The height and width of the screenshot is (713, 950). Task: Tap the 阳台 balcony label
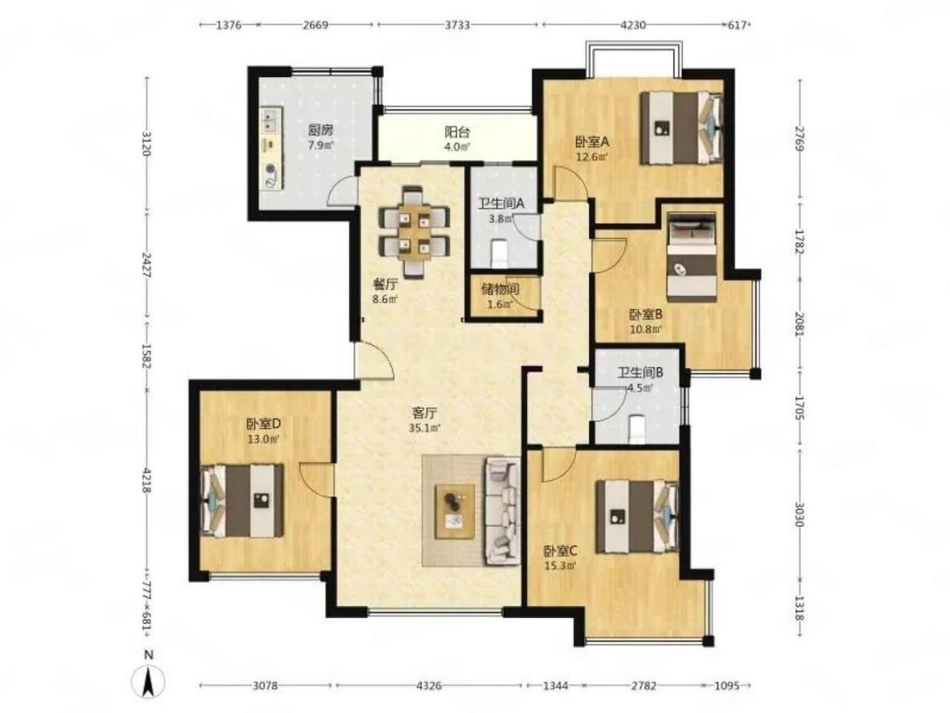pyautogui.click(x=457, y=131)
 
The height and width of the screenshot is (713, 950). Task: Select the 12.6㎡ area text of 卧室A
pyautogui.click(x=592, y=157)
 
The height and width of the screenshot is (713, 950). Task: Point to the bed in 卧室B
pyautogui.click(x=691, y=257)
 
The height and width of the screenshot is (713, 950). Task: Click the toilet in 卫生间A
pyautogui.click(x=499, y=253)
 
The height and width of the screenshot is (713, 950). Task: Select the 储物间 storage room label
pyautogui.click(x=500, y=289)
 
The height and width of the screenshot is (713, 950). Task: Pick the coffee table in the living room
pyautogui.click(x=454, y=511)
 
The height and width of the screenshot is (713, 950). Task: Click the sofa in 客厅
pyautogui.click(x=503, y=511)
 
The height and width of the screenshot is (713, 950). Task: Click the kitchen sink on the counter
pyautogui.click(x=272, y=120)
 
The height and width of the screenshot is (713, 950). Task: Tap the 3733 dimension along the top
pyautogui.click(x=458, y=25)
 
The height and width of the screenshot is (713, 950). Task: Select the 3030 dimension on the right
pyautogui.click(x=799, y=514)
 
